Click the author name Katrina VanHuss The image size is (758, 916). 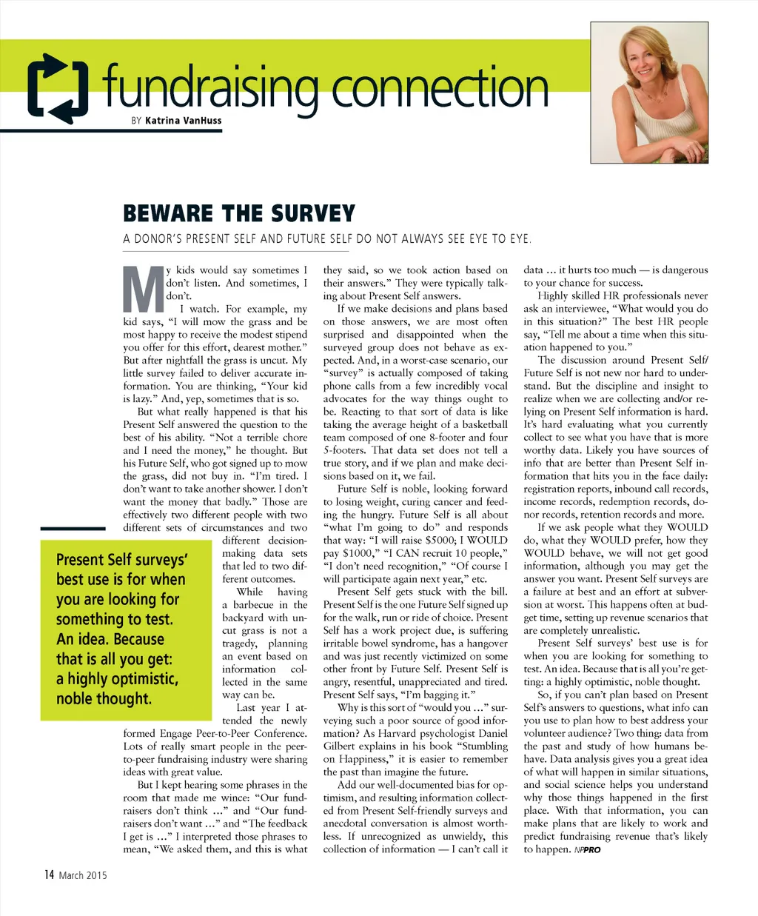click(x=183, y=120)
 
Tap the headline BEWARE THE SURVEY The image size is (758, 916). click(x=239, y=214)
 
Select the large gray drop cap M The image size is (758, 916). click(x=142, y=288)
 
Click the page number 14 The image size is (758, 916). click(x=49, y=875)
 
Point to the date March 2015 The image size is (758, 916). click(x=83, y=875)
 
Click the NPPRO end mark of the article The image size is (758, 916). click(x=587, y=850)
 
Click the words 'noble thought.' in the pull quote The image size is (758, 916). click(x=104, y=698)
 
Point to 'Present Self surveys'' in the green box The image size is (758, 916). click(x=122, y=559)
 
